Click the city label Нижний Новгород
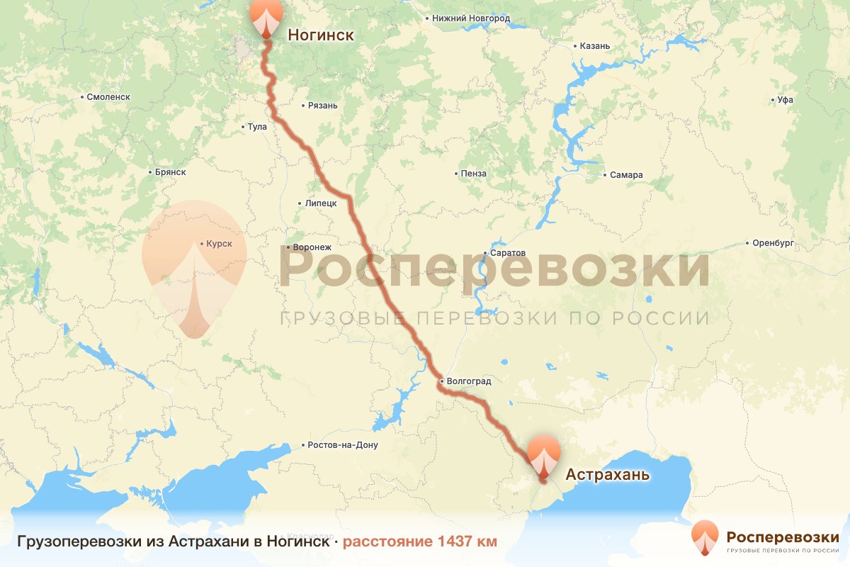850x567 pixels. click(x=470, y=18)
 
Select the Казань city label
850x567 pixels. click(x=594, y=46)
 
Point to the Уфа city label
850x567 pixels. click(x=784, y=100)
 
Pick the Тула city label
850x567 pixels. click(x=257, y=128)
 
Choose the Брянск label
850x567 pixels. click(x=169, y=172)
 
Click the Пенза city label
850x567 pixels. click(x=473, y=174)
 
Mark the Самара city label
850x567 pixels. click(x=626, y=175)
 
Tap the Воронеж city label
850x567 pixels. click(x=311, y=247)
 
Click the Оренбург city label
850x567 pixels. click(x=773, y=243)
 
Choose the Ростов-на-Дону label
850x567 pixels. click(x=343, y=446)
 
